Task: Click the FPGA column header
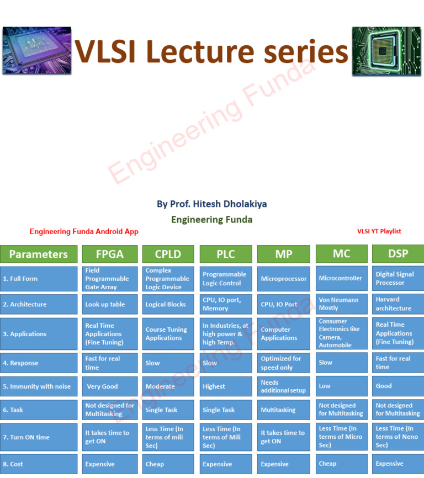[110, 254]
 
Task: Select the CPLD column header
[168, 254]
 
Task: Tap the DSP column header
[397, 253]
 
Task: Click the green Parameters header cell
[39, 254]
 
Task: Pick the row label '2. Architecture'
[39, 304]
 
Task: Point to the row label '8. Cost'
[39, 464]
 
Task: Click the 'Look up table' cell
[110, 304]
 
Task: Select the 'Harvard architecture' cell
[397, 304]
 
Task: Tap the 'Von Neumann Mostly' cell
[341, 304]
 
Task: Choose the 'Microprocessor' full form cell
[283, 279]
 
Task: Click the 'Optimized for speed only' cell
[283, 363]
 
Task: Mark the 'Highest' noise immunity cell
[225, 386]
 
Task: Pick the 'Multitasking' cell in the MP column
[283, 410]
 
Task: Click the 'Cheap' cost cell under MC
[341, 464]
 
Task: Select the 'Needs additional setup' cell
[283, 386]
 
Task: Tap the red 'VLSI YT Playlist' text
[379, 231]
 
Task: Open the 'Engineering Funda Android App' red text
[84, 232]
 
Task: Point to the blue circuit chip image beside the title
[36, 51]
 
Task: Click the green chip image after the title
[386, 51]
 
